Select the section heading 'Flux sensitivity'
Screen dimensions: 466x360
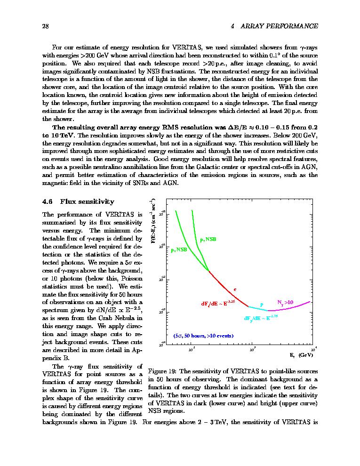click(x=87, y=201)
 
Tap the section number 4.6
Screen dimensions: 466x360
click(x=47, y=201)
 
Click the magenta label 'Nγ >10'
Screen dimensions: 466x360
click(x=285, y=302)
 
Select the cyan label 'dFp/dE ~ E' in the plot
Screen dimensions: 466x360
click(x=260, y=318)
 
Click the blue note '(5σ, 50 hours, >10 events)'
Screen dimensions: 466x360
click(x=203, y=336)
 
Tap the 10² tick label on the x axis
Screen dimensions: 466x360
click(x=192, y=350)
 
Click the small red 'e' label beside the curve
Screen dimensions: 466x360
click(x=235, y=289)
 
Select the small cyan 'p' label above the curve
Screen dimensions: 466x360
click(x=262, y=304)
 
